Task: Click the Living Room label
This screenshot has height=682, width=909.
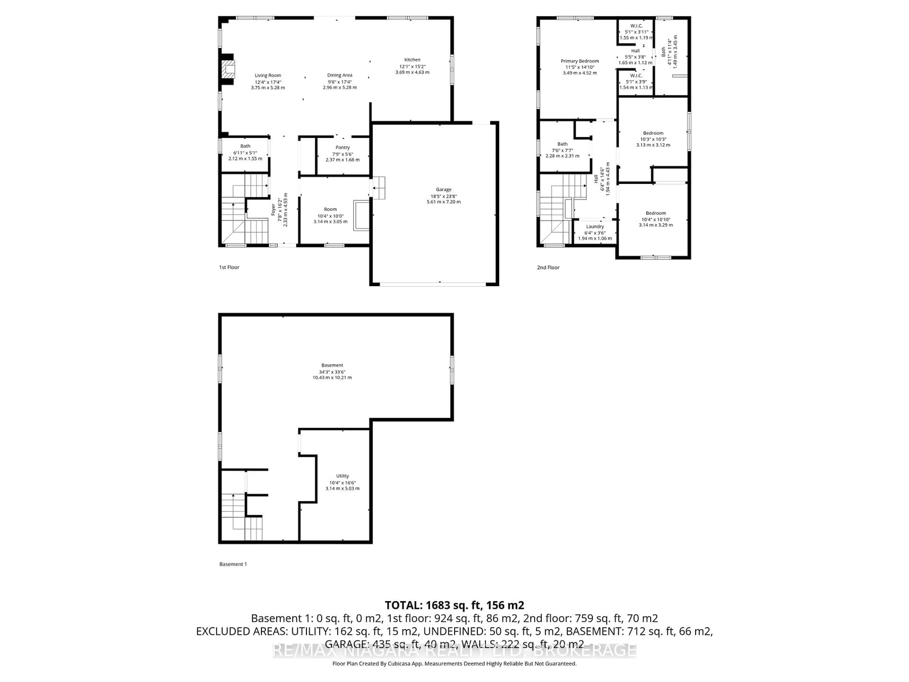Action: tap(267, 75)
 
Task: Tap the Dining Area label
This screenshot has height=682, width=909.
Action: tap(339, 75)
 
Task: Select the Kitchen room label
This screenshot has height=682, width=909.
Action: tap(412, 60)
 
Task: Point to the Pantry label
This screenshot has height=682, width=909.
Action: tap(342, 147)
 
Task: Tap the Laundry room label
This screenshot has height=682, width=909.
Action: tap(595, 227)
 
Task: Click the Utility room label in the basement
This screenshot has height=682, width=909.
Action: tap(342, 476)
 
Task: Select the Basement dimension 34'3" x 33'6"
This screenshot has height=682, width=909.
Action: tap(332, 372)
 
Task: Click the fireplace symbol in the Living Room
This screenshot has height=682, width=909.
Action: tap(228, 69)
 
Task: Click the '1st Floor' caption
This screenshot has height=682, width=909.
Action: tap(229, 267)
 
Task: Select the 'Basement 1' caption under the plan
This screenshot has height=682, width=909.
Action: tap(233, 564)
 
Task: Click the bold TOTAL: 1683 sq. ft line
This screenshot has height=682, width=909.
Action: tap(454, 605)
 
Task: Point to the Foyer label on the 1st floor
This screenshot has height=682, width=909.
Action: tap(273, 210)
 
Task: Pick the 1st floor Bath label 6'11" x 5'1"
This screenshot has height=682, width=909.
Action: tap(245, 146)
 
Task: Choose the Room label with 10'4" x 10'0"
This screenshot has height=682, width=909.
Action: tap(330, 209)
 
